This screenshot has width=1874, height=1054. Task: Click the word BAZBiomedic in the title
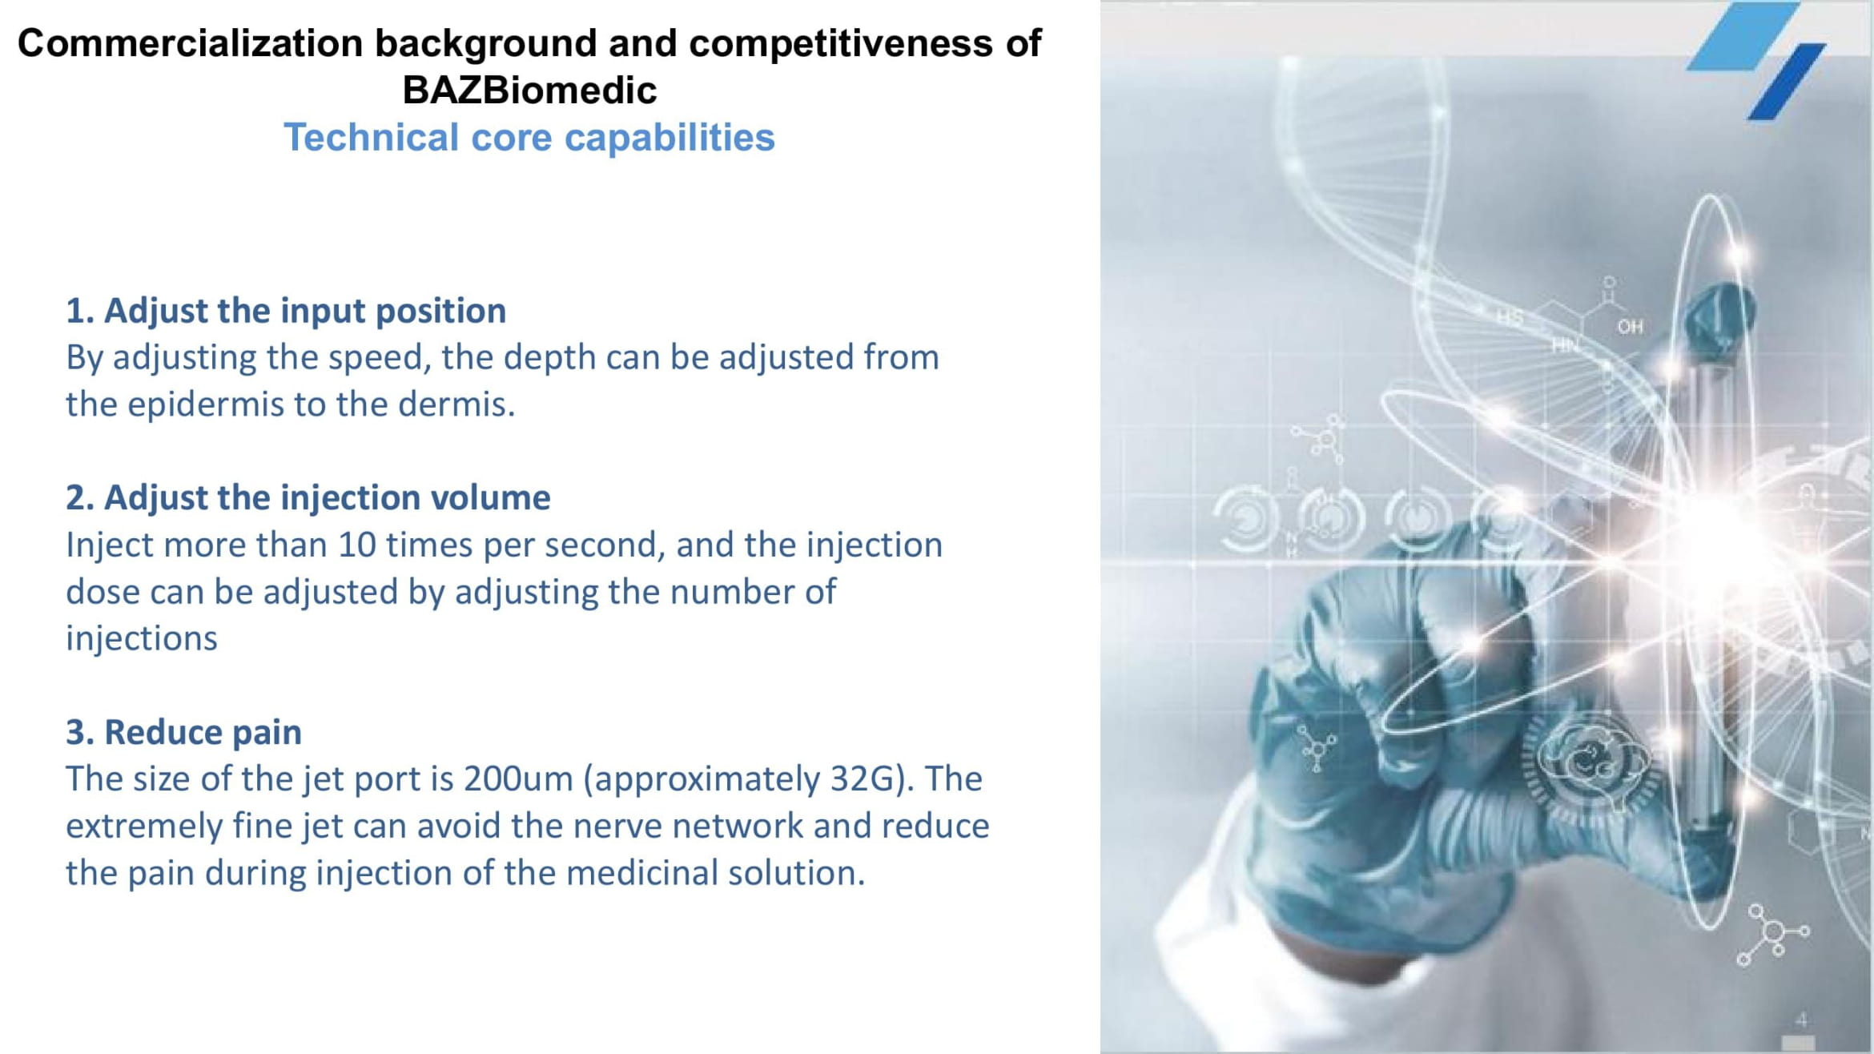click(529, 90)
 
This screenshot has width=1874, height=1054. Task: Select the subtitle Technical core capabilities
click(529, 137)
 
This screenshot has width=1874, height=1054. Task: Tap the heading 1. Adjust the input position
click(286, 311)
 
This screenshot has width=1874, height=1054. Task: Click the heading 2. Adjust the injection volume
click(308, 497)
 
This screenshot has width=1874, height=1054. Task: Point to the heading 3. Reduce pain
click(183, 732)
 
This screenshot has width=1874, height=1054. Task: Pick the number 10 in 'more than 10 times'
click(356, 545)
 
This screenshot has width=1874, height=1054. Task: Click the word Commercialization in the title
click(190, 43)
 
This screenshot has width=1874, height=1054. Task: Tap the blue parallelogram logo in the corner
click(1756, 61)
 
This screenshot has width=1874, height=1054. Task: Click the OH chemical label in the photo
click(1630, 327)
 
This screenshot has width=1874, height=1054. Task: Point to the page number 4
click(1801, 1020)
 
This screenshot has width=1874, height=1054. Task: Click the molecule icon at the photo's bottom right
click(1772, 935)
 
